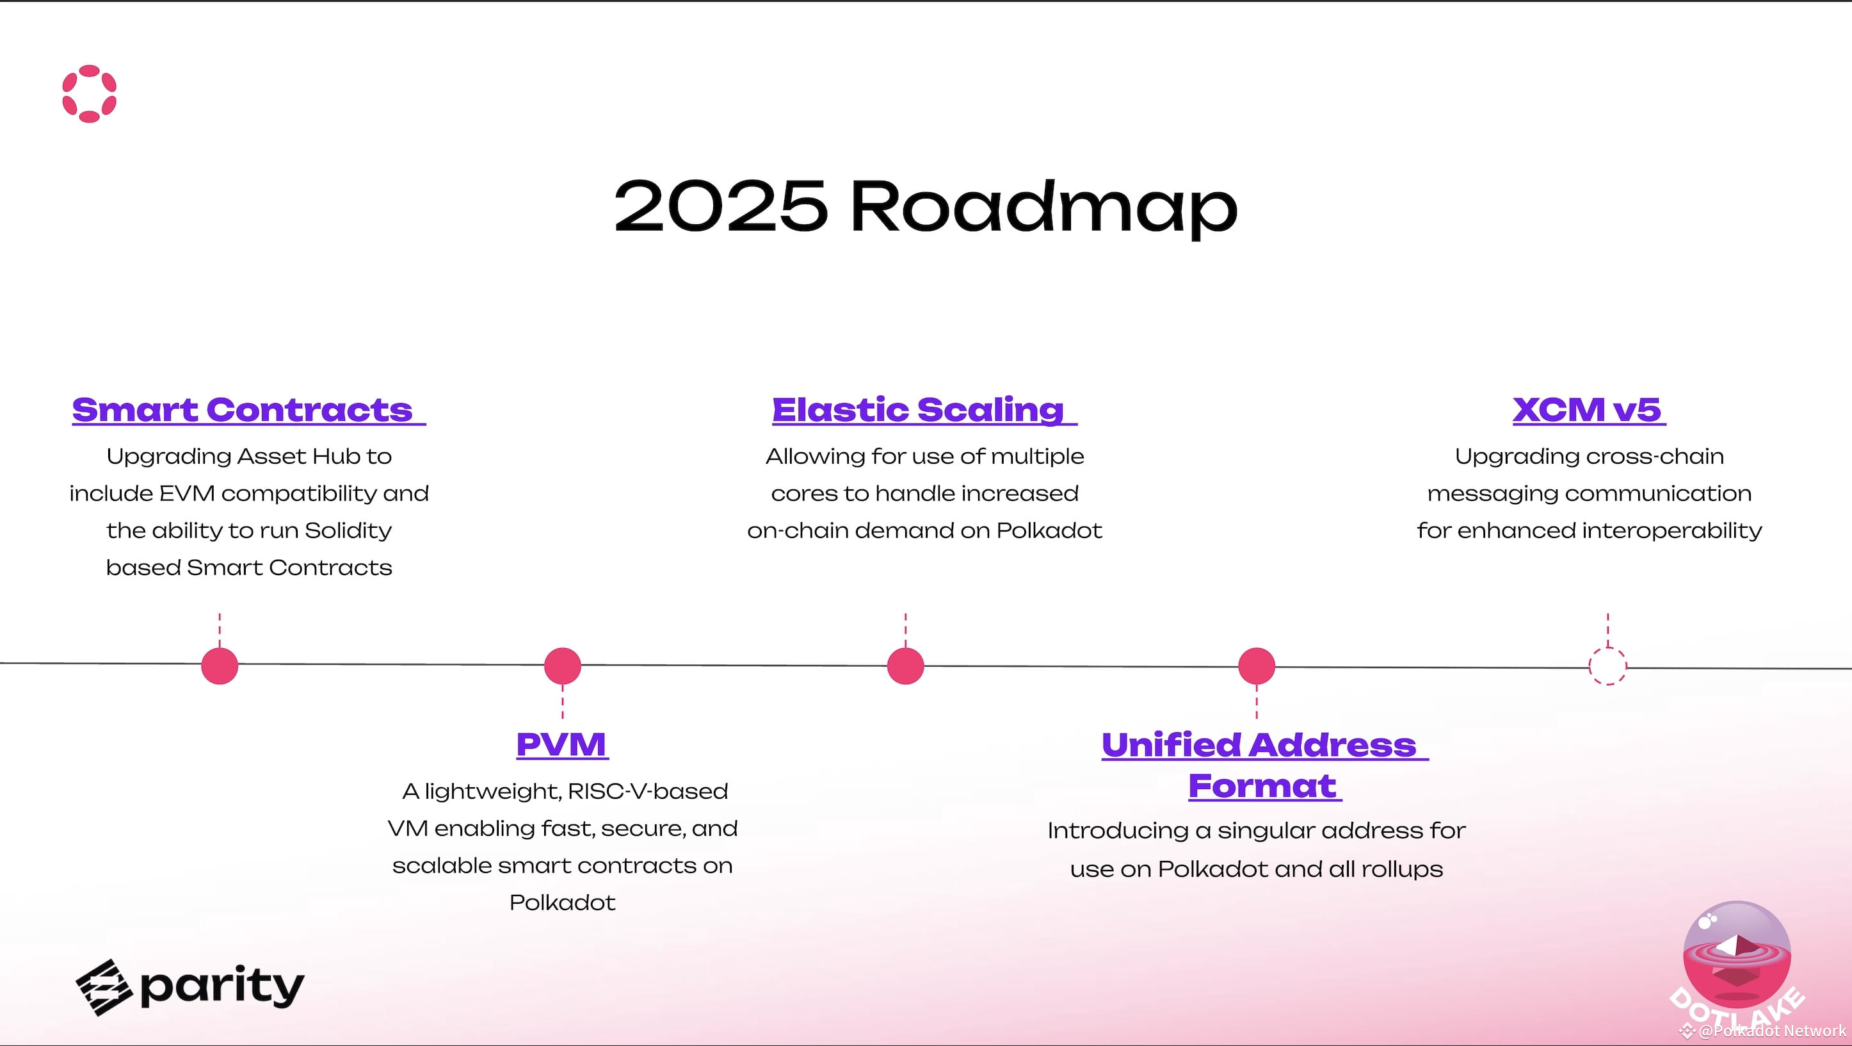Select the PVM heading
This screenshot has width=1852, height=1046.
click(x=561, y=744)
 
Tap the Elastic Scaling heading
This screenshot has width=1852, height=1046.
click(x=918, y=410)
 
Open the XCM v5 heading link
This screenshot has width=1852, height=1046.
click(x=1587, y=410)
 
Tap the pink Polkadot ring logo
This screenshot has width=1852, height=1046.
click(x=89, y=94)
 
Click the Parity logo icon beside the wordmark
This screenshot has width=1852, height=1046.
click(x=104, y=987)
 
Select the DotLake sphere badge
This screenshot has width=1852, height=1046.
click(x=1736, y=957)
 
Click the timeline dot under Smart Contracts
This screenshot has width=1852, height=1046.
click(x=220, y=666)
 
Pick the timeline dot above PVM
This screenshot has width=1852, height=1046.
click(x=562, y=666)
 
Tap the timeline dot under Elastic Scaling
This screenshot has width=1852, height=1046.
click(x=905, y=666)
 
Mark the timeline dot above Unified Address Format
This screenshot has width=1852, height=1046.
click(x=1256, y=666)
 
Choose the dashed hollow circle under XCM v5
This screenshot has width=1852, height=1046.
click(x=1607, y=666)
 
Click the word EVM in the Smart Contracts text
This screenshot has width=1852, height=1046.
click(x=187, y=493)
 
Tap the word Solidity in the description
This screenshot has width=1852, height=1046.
click(x=348, y=531)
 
